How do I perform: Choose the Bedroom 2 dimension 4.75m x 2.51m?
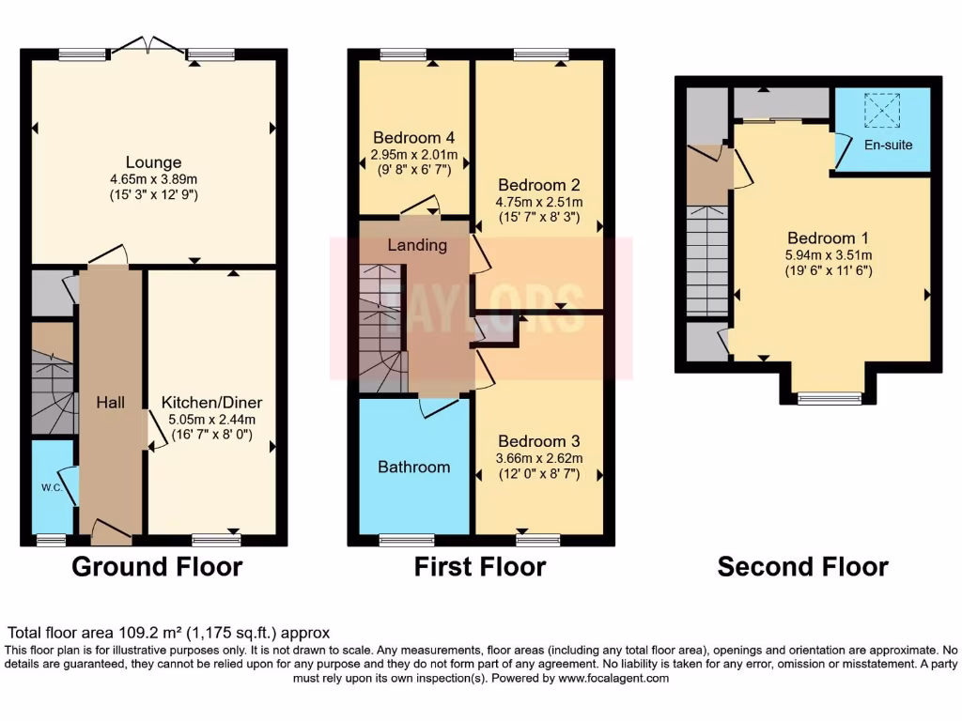pyautogui.click(x=539, y=202)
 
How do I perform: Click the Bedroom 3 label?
pyautogui.click(x=538, y=441)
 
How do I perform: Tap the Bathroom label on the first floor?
pyautogui.click(x=413, y=467)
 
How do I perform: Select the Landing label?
pyautogui.click(x=417, y=245)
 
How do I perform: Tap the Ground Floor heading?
pyautogui.click(x=157, y=567)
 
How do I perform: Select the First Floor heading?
pyautogui.click(x=480, y=567)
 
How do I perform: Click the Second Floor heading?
pyautogui.click(x=802, y=567)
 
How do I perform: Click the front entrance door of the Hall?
pyautogui.click(x=111, y=532)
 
